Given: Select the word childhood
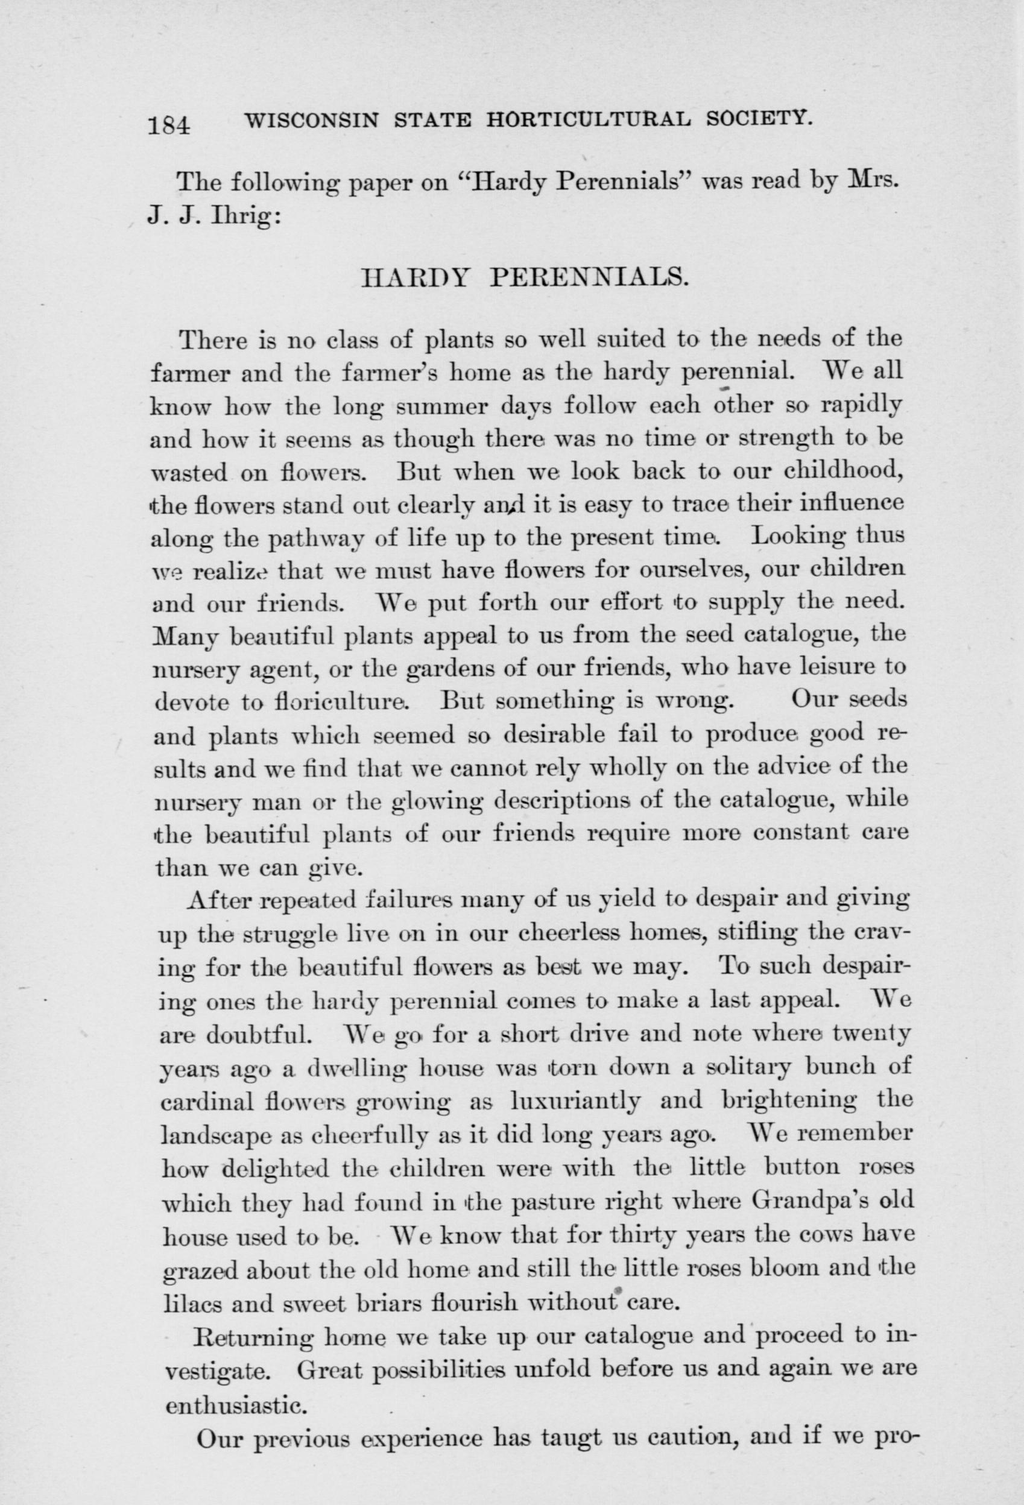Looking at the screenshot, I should pos(842,472).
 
